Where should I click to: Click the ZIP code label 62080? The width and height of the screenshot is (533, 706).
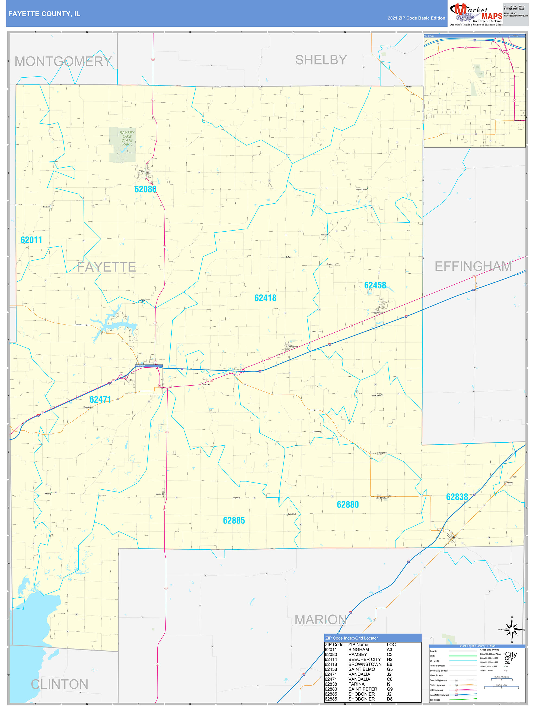tap(145, 189)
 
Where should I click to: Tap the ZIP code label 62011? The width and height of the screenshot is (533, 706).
tap(31, 240)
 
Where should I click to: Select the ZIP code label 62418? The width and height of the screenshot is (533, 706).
tap(265, 298)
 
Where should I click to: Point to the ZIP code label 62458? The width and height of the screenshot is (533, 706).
tap(375, 285)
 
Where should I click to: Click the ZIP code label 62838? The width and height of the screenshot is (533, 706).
tap(457, 497)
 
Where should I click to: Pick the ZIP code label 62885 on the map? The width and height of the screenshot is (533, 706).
tap(234, 521)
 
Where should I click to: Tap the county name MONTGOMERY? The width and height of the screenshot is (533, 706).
tap(63, 62)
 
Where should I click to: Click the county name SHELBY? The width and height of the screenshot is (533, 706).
tap(321, 60)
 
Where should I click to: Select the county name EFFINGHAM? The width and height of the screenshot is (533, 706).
tap(473, 266)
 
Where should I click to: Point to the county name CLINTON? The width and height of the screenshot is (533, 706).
tap(59, 684)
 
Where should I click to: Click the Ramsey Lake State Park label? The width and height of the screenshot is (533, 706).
tap(127, 138)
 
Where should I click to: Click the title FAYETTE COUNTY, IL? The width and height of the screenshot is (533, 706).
tap(44, 14)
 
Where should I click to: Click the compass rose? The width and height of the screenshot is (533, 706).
tap(512, 630)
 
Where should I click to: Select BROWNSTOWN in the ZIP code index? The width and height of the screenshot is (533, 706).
tap(365, 664)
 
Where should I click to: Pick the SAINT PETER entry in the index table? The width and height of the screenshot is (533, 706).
tap(362, 689)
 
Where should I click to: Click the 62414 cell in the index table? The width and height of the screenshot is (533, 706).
tap(331, 659)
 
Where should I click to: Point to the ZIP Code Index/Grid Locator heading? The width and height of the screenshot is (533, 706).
tap(351, 638)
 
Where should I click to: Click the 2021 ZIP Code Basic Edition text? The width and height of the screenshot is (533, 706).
tap(416, 18)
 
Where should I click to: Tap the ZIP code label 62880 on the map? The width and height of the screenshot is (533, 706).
tap(347, 505)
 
